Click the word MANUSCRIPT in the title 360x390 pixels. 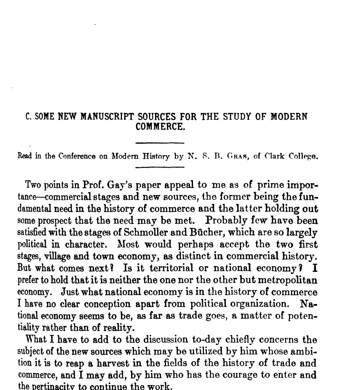[105, 117]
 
